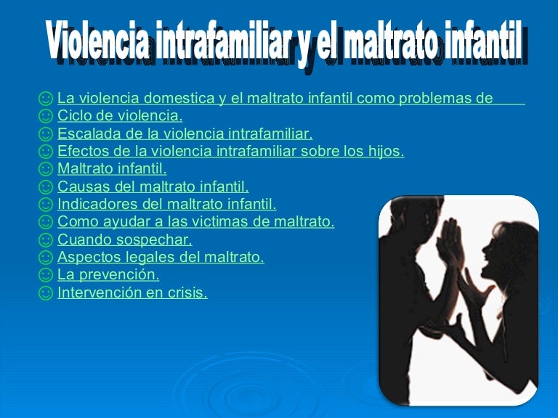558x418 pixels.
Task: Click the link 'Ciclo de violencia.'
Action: coord(120,116)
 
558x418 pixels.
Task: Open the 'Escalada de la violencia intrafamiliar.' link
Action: coord(185,134)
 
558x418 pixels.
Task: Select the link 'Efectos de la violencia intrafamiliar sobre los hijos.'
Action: coord(230,152)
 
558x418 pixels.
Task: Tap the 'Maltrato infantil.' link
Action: coord(112,169)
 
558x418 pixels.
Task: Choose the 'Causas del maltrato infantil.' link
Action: coord(153,187)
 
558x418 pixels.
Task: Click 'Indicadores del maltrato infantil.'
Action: coord(166,205)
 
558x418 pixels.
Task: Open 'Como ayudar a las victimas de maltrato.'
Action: coord(195,222)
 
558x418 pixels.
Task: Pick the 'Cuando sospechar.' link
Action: coord(124,240)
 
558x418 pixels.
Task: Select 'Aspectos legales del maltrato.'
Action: coord(161,258)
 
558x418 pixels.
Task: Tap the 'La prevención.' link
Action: coord(108,275)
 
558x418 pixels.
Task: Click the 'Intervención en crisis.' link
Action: coord(132,293)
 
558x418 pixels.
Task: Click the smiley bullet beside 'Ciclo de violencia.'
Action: coord(46,116)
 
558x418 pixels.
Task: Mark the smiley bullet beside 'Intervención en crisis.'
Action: coord(46,293)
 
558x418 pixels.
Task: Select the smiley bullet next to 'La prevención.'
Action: coord(46,276)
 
